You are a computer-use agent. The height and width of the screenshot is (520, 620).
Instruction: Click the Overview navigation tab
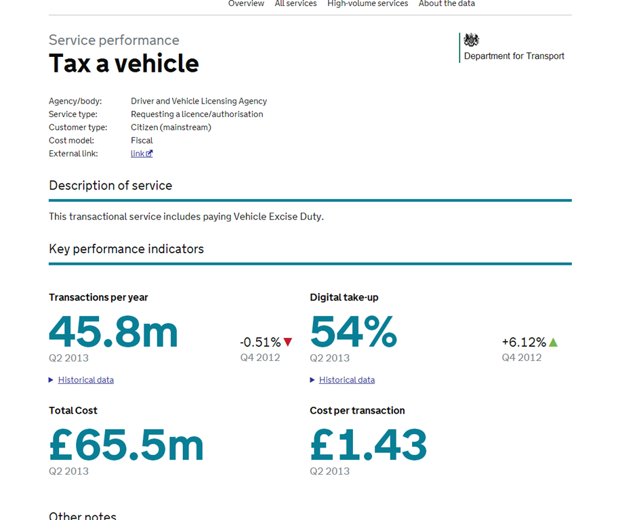[x=246, y=3]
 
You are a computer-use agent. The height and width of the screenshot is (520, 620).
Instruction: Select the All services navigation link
[x=295, y=3]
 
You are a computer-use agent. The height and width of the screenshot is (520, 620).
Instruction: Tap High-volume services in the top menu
[x=368, y=3]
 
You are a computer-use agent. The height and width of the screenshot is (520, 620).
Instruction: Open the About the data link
[x=447, y=3]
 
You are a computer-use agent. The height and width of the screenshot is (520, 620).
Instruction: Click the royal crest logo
[x=472, y=40]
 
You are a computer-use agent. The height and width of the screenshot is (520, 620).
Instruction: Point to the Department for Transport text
[x=514, y=56]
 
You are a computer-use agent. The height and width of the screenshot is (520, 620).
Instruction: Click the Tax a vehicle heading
[x=124, y=63]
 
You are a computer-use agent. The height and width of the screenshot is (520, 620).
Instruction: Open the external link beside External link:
[x=142, y=154]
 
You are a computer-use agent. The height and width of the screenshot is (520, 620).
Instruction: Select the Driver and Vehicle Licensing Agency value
[x=199, y=101]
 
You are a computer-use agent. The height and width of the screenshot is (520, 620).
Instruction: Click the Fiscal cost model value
[x=142, y=140]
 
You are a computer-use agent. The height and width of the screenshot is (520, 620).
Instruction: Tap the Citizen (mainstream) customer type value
[x=171, y=127]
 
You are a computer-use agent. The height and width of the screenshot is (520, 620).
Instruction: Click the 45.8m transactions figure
[x=113, y=332]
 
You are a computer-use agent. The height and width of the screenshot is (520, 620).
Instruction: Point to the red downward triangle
[x=288, y=342]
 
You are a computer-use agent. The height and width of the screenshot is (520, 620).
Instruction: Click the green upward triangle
[x=553, y=342]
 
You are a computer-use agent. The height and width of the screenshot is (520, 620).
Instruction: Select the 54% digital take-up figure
[x=354, y=332]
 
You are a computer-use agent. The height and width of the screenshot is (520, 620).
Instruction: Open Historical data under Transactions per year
[x=86, y=380]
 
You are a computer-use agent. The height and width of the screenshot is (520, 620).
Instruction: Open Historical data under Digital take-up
[x=347, y=380]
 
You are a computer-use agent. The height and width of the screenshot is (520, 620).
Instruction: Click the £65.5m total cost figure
[x=127, y=446]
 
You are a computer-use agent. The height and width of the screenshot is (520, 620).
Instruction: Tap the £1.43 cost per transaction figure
[x=369, y=446]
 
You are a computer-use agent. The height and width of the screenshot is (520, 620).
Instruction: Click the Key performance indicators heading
[x=127, y=249]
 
